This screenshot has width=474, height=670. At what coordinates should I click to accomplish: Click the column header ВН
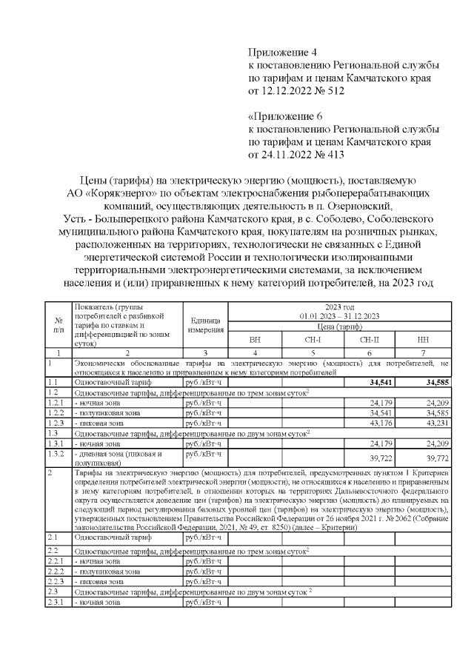click(255, 339)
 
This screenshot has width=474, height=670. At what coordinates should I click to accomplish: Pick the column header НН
click(422, 339)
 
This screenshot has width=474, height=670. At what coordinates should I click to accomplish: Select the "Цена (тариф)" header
click(338, 326)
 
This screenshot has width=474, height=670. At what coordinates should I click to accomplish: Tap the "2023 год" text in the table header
click(338, 306)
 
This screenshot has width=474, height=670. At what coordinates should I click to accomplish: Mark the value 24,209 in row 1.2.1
click(434, 402)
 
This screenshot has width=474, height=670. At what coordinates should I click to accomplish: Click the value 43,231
click(434, 423)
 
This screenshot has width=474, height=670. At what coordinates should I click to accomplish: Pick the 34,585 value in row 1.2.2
click(434, 412)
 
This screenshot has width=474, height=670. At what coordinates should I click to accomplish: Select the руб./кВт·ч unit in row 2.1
click(204, 540)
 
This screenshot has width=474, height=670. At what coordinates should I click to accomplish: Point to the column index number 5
click(311, 353)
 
